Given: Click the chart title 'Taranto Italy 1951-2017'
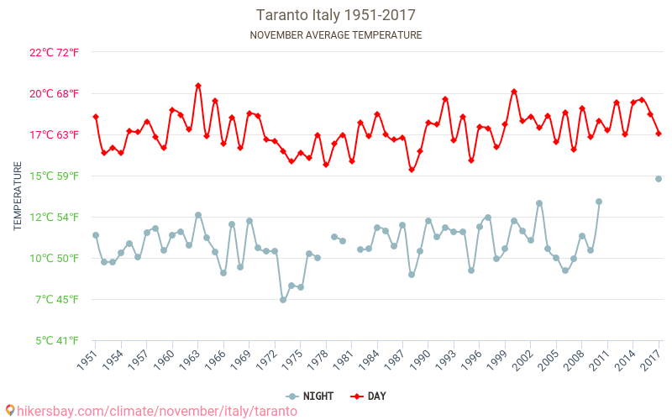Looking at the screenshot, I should [336, 15].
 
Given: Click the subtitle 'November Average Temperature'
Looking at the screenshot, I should [336, 35].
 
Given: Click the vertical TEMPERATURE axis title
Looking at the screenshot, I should [18, 197].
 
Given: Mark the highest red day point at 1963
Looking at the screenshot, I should [198, 85].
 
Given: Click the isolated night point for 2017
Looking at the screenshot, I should [659, 179].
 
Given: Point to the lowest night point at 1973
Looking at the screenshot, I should [283, 300].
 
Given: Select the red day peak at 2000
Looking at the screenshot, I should [514, 92].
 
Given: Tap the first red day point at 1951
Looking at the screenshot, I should [96, 117].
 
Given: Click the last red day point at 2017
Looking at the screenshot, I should [659, 134].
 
